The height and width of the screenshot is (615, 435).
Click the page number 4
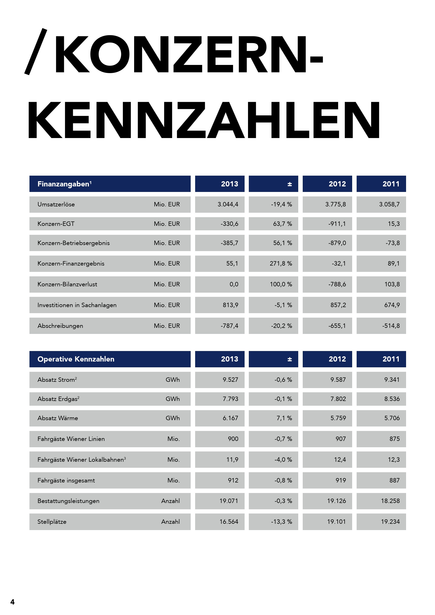[x=12, y=602]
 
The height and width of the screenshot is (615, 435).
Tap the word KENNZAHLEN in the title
[x=204, y=120]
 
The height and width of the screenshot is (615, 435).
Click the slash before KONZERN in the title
[x=36, y=52]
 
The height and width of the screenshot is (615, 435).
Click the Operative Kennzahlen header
[x=76, y=359]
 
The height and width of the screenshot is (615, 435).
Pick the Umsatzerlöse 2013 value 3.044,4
[x=228, y=204]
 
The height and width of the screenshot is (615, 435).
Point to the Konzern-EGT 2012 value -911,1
[x=337, y=224]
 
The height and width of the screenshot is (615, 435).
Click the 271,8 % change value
[x=281, y=263]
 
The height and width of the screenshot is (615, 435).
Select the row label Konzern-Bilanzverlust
[x=67, y=284]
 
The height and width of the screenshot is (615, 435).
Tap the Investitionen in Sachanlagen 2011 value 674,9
[x=392, y=305]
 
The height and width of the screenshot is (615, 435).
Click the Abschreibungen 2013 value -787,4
[x=229, y=326]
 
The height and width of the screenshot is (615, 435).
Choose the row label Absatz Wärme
[x=58, y=418]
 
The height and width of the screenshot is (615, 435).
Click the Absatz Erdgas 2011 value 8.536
[x=392, y=399]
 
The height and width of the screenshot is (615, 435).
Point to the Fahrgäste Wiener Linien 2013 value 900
[x=233, y=439]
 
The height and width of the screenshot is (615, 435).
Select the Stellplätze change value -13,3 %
[x=281, y=521]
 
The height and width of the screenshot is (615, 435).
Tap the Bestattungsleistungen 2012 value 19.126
[x=336, y=501]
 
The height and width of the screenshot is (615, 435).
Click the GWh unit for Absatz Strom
[x=173, y=380]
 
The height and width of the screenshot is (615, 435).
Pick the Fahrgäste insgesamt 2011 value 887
[x=394, y=480]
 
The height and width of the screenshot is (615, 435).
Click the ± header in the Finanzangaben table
[x=290, y=184]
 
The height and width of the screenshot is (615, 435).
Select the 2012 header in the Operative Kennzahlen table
[x=337, y=359]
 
